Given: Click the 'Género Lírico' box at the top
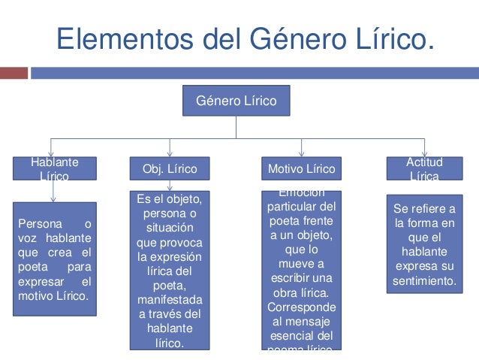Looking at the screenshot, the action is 236,101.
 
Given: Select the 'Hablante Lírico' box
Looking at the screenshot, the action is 54,169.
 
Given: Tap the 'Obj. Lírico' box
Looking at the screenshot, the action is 170,169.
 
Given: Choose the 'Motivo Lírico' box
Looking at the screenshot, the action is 301,169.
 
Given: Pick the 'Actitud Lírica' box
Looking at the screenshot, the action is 424,169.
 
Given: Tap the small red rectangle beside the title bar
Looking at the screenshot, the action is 14,73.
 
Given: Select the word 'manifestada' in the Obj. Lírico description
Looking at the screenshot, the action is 170,300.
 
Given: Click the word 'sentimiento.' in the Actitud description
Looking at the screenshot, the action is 424,282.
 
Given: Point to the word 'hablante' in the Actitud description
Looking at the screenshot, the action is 424,253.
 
